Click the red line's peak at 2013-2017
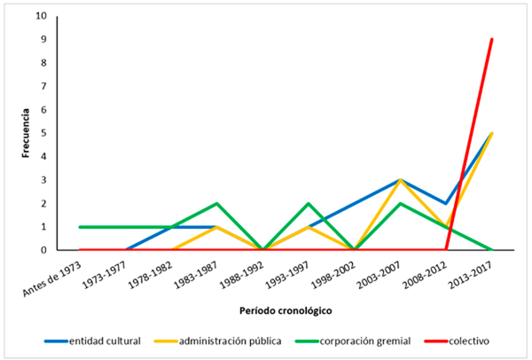[492, 39]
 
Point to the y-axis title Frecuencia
[27, 133]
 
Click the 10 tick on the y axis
[43, 16]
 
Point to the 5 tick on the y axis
[45, 133]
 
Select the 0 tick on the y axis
[45, 250]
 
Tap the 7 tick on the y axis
[45, 86]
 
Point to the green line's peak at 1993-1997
[308, 203]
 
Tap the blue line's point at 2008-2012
[446, 203]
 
